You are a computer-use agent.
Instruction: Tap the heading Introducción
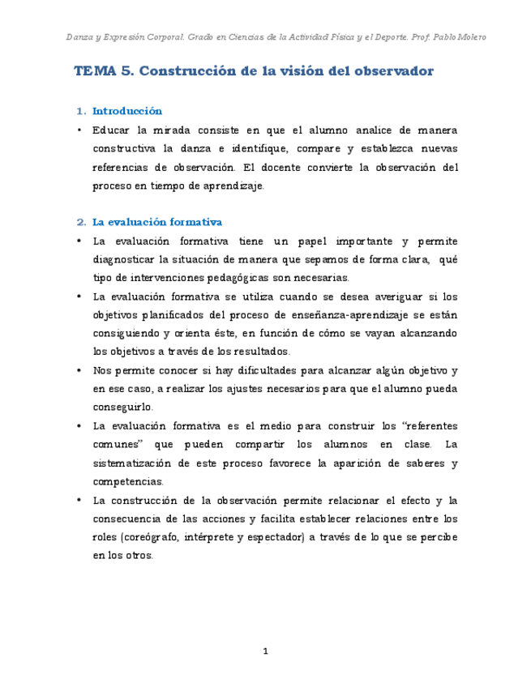pyautogui.click(x=127, y=111)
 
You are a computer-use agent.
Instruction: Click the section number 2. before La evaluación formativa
pyautogui.click(x=81, y=221)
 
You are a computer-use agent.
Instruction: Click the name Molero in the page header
pyautogui.click(x=472, y=37)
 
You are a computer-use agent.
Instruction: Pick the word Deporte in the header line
pyautogui.click(x=392, y=37)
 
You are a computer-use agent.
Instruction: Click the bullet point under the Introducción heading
pyautogui.click(x=80, y=130)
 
